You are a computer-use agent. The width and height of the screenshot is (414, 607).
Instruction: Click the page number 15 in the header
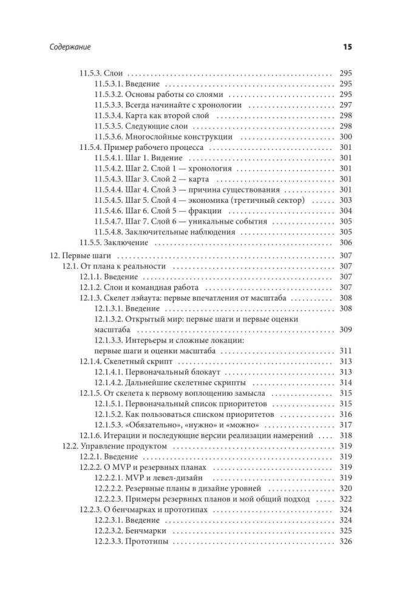(x=347, y=47)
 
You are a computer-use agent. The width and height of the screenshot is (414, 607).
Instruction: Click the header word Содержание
(x=70, y=47)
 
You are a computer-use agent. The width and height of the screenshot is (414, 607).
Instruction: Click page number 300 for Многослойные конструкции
(x=345, y=137)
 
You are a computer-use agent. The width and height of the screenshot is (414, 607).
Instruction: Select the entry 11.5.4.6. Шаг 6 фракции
(x=158, y=211)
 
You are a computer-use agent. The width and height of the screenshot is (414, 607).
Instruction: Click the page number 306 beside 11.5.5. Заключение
(x=345, y=243)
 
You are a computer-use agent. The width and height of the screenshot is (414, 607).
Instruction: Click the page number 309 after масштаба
(x=345, y=330)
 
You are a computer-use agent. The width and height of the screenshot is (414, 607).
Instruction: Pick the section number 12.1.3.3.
(x=109, y=341)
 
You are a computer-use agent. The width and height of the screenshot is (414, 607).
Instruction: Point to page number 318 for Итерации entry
(x=345, y=435)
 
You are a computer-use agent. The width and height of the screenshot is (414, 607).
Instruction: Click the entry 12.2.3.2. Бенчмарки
(x=131, y=531)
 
